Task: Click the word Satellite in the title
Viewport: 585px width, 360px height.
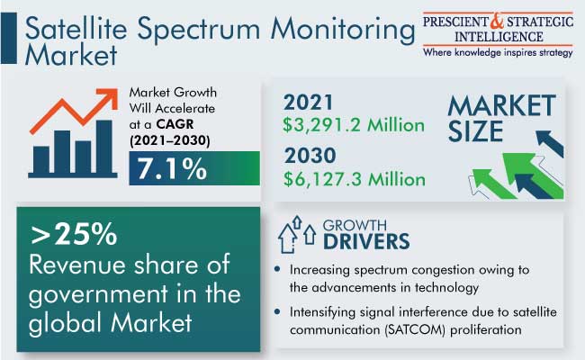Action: tap(76, 29)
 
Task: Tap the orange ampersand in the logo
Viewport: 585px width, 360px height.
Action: tap(497, 22)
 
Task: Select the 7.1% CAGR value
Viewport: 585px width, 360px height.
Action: tap(172, 168)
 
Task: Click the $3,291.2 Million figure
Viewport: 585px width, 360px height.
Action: tap(354, 125)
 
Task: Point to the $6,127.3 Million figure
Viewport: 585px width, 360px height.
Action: tap(354, 179)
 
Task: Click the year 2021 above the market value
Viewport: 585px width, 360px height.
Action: tap(308, 103)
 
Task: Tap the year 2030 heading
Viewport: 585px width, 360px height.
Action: tap(310, 155)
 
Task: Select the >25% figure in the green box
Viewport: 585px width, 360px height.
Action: tap(74, 234)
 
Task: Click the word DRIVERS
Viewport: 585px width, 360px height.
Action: tap(366, 241)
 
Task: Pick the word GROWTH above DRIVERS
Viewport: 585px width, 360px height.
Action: tap(355, 225)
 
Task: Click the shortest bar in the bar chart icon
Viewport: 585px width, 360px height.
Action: tap(41, 159)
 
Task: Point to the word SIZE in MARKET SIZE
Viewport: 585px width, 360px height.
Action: tap(475, 131)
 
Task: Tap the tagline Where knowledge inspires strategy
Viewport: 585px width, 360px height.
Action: tap(498, 52)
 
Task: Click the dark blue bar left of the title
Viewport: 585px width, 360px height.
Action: tap(9, 38)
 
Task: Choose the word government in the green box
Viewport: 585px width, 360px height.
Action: tap(98, 294)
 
